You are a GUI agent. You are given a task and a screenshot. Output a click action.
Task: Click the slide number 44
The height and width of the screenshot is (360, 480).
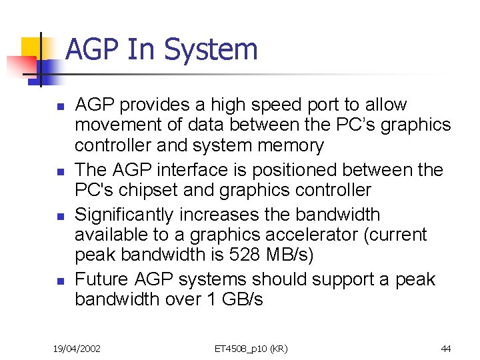(446, 349)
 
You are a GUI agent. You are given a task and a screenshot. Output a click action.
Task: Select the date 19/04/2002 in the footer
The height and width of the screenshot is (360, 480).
(77, 349)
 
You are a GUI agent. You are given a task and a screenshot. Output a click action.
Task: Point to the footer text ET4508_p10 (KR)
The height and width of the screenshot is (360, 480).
(251, 349)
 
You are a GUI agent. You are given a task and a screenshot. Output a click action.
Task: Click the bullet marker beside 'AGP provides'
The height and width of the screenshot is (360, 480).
(59, 106)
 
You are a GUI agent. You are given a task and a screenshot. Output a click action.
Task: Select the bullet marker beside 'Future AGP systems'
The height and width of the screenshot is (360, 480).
(59, 281)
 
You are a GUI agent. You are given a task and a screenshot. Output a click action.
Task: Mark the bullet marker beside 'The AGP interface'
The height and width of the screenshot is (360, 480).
(59, 171)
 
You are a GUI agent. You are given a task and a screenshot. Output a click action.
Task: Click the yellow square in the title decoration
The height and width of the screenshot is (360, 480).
(32, 48)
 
